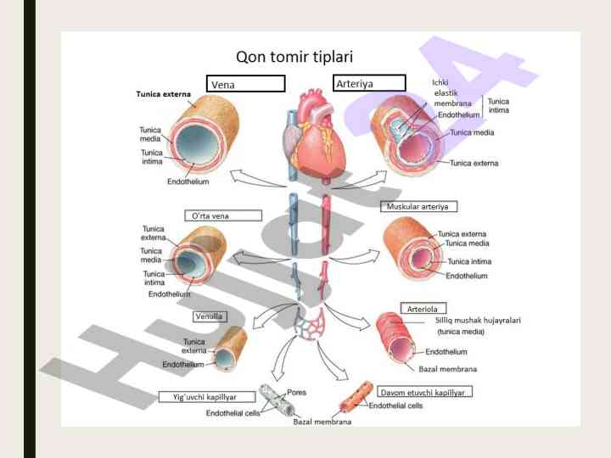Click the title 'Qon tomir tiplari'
point(294,58)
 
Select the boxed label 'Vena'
point(245,84)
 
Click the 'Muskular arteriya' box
point(422,206)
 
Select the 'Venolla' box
point(210,316)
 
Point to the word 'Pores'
point(298,393)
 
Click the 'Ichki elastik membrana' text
point(446,92)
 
